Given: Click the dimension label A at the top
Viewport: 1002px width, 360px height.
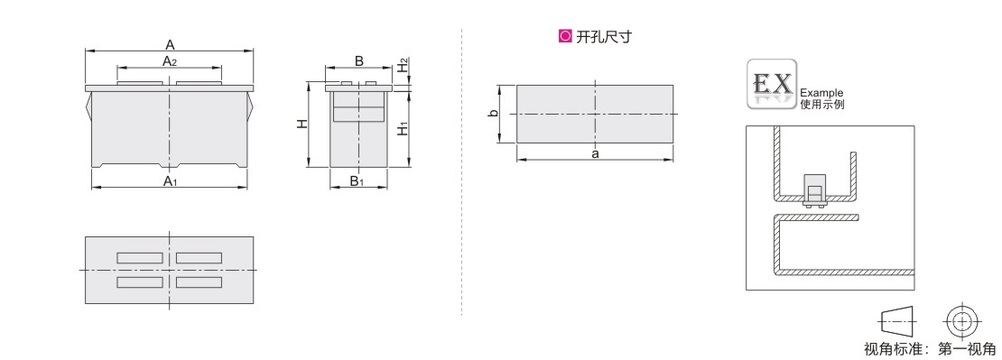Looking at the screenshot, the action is tap(170, 45).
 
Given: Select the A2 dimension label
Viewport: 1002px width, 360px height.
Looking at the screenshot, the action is tap(170, 61).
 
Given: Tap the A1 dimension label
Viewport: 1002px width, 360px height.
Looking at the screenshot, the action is tap(170, 181).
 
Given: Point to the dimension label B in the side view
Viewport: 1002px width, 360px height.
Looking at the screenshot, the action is tap(359, 60).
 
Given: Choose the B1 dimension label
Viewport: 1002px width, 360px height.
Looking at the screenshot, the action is tap(357, 181).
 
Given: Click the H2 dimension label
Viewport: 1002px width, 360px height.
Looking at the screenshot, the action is tap(403, 65).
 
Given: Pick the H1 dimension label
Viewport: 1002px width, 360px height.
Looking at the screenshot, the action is tap(403, 127).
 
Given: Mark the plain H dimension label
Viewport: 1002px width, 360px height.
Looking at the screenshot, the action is tap(303, 124).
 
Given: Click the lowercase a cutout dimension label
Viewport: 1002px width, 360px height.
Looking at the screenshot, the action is tap(596, 153).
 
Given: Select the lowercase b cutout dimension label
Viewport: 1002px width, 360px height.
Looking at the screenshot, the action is tap(492, 114).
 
